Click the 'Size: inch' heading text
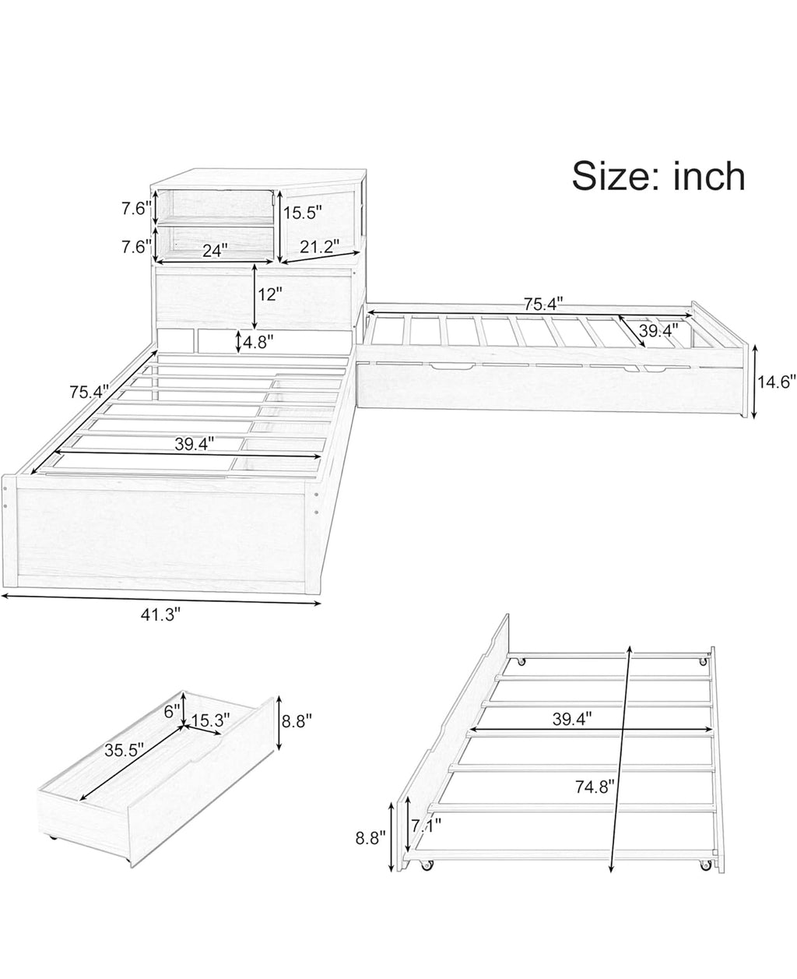tap(658, 177)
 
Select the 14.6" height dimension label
tap(776, 382)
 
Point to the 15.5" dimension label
tap(302, 213)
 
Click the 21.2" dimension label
tap(320, 247)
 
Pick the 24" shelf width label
tap(216, 251)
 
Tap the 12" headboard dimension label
tap(269, 294)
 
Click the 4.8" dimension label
tap(258, 342)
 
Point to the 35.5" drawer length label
tap(124, 751)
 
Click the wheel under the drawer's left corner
tap(52, 850)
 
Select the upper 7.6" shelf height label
tap(136, 209)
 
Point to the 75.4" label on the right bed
tap(543, 304)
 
